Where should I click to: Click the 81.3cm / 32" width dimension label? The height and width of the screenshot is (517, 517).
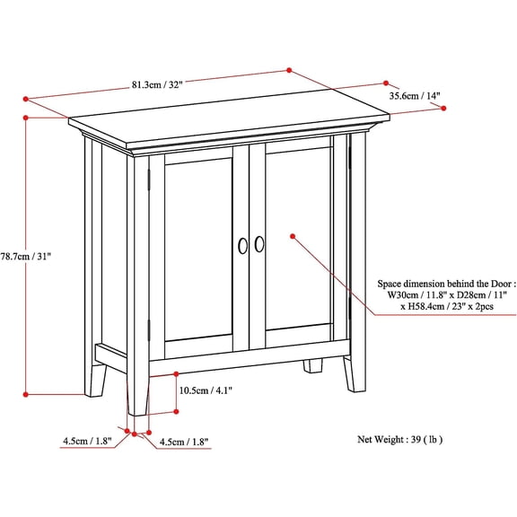159,87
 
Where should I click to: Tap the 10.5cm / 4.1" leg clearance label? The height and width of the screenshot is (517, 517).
207,390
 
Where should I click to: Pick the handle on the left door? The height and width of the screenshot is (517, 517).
241,244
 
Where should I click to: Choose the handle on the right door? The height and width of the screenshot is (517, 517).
259,243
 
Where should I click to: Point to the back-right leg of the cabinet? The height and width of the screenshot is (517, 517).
313,365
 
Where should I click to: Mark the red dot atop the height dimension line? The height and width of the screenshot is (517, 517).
28,117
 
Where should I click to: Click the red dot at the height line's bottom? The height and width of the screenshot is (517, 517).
28,392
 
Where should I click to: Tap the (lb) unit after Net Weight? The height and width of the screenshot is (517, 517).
435,440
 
